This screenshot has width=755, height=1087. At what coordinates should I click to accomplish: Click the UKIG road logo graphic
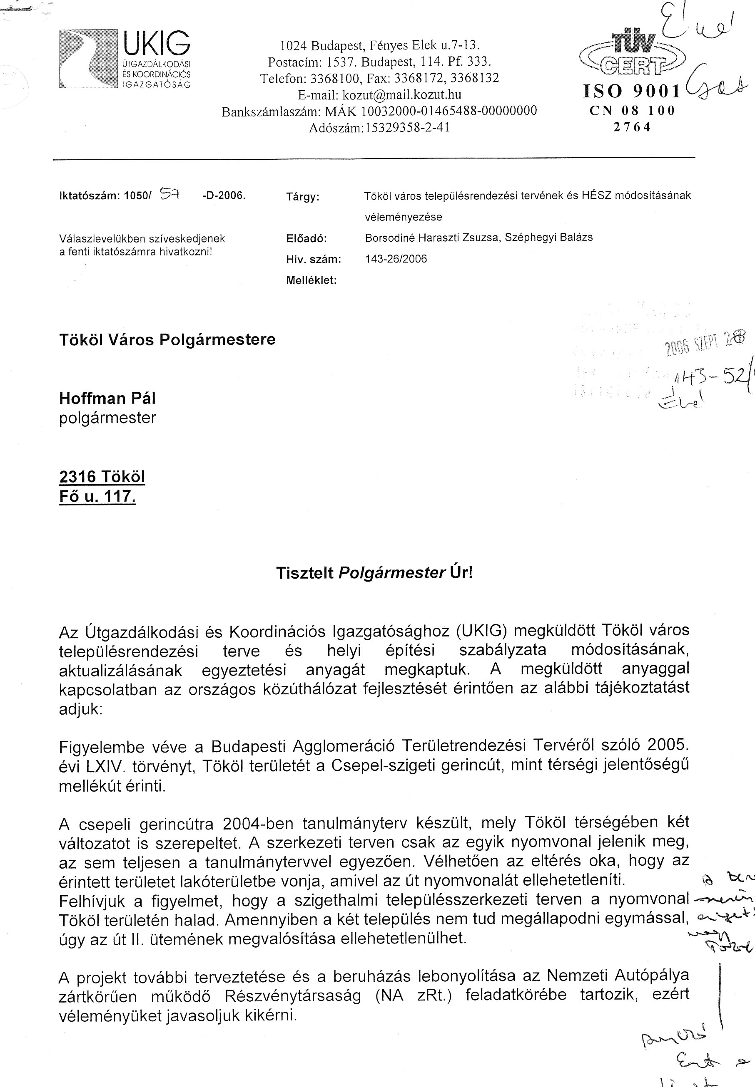click(88, 59)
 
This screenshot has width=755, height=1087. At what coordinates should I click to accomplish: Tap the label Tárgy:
click(303, 197)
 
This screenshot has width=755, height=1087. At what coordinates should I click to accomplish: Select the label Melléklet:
click(311, 280)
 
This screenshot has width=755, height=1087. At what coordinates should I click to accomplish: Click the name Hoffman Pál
click(107, 399)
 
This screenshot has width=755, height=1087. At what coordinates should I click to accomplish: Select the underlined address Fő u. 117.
click(97, 497)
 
